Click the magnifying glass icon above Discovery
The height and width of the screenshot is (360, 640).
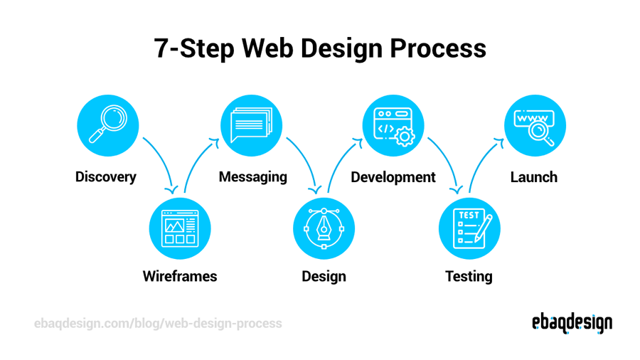pos(108,127)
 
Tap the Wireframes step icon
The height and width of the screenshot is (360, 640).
pos(180,228)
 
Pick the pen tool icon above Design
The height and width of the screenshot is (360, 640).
pos(324,228)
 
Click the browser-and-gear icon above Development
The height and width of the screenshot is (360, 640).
pos(393,127)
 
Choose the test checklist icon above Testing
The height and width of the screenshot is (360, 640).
pos(469,228)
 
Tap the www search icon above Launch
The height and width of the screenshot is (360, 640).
pos(535,127)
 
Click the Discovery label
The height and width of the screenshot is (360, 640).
pos(106,177)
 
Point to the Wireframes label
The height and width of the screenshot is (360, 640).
pos(180,276)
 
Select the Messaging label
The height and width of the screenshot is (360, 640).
pos(253,177)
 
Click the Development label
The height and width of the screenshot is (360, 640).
pos(393,177)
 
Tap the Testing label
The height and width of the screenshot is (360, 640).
pos(469,276)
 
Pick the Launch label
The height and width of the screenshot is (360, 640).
pos(534,177)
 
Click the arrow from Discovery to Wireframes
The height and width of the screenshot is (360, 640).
pos(161,161)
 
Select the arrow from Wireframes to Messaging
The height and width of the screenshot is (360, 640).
pos(197,161)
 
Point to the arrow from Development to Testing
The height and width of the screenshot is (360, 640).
pos(447,161)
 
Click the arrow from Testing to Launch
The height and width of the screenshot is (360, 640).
pos(483,161)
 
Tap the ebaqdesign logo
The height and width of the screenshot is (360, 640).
pos(572,323)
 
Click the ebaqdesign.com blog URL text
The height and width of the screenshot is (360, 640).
pos(158,324)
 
